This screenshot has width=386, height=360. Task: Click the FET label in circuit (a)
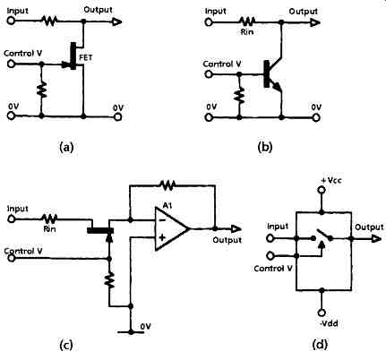click(x=86, y=57)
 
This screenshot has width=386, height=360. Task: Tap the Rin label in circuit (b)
click(x=247, y=31)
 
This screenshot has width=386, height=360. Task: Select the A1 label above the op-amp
click(x=167, y=205)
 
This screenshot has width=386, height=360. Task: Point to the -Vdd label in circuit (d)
click(x=330, y=323)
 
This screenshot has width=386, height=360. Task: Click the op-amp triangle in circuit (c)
click(x=172, y=229)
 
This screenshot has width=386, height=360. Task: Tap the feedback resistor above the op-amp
click(x=167, y=185)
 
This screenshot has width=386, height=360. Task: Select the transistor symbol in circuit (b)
click(x=273, y=74)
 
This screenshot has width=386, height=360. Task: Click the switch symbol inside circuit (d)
click(x=322, y=238)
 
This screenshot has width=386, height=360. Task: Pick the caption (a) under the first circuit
click(x=66, y=147)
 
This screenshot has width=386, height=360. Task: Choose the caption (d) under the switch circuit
click(x=320, y=345)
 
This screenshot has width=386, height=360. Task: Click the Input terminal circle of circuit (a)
click(x=11, y=21)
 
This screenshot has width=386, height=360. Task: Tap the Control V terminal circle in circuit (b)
click(x=209, y=74)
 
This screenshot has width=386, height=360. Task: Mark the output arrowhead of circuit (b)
click(x=315, y=22)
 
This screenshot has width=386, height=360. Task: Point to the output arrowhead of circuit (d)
click(x=376, y=239)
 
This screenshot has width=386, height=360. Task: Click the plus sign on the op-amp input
click(x=162, y=238)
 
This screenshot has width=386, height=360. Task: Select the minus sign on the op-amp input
click(x=162, y=220)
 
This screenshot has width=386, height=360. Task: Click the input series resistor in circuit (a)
click(x=49, y=21)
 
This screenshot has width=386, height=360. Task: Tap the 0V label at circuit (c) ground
click(x=145, y=327)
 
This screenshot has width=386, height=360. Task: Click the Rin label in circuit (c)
click(x=49, y=229)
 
